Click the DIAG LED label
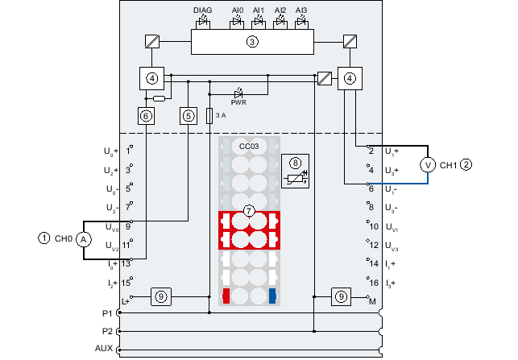tap(202, 10)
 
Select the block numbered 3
tap(252, 42)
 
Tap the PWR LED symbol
tap(238, 93)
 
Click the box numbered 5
tap(189, 116)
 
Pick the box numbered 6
tap(146, 116)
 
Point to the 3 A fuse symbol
tap(209, 116)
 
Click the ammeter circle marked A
tap(84, 239)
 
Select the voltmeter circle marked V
tap(428, 165)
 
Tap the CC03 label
tap(249, 147)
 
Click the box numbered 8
tap(296, 171)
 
